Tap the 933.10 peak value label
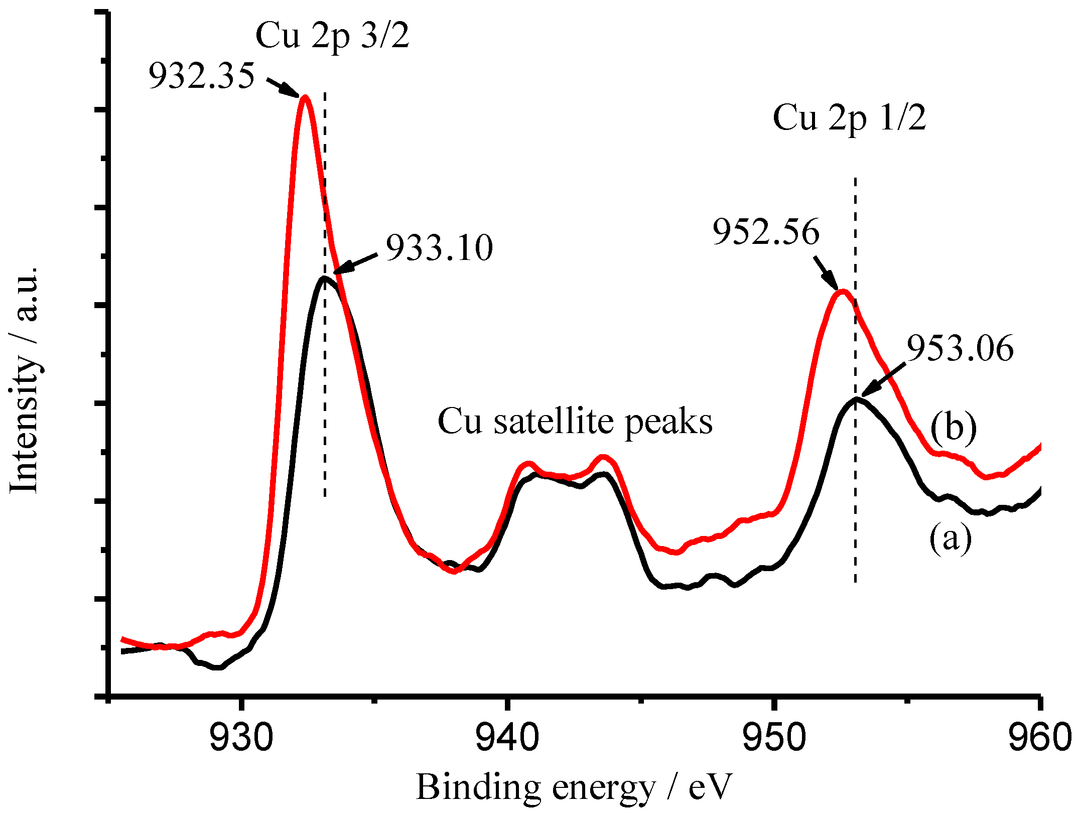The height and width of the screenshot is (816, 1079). coord(439,248)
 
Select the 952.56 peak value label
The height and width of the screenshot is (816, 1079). coord(766,232)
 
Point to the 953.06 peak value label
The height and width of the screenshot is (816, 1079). coord(960,348)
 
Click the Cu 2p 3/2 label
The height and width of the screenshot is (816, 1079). coord(332,36)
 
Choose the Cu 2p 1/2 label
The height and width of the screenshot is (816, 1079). coord(849,118)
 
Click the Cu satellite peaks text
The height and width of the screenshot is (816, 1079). coord(575,422)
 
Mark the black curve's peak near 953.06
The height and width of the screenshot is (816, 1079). coord(855,399)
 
